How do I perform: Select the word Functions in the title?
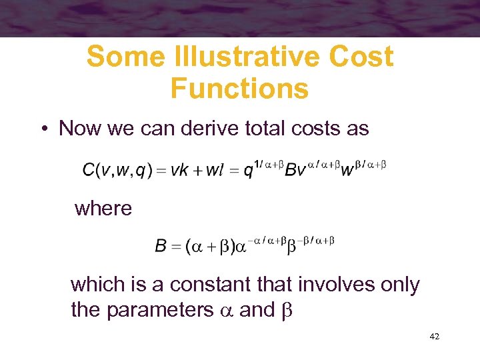[239, 88]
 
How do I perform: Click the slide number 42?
[434, 337]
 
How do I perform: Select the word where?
[103, 209]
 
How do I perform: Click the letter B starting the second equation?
[161, 247]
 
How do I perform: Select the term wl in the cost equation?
[215, 170]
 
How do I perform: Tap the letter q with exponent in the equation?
[248, 171]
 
